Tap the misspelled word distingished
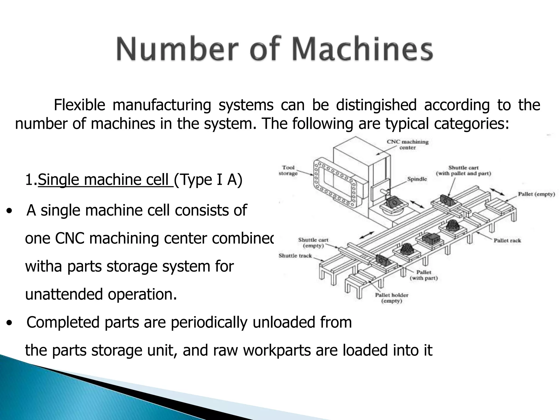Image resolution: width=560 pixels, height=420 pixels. click(376, 105)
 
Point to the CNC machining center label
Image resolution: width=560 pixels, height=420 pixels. click(407, 145)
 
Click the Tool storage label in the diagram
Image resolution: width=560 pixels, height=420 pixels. click(288, 170)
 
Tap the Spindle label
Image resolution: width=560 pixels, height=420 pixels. click(417, 179)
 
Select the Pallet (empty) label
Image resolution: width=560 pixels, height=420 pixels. click(536, 194)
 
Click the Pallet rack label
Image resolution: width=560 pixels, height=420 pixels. click(507, 241)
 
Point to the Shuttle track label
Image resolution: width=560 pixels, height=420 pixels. click(295, 256)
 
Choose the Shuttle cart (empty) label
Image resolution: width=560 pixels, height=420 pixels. click(313, 243)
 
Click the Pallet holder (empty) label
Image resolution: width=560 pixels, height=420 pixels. click(392, 298)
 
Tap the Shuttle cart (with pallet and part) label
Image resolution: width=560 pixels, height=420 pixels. click(463, 171)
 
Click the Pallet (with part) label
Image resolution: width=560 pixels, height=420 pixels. click(424, 275)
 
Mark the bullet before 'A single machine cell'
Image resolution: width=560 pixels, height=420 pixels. click(10, 211)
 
